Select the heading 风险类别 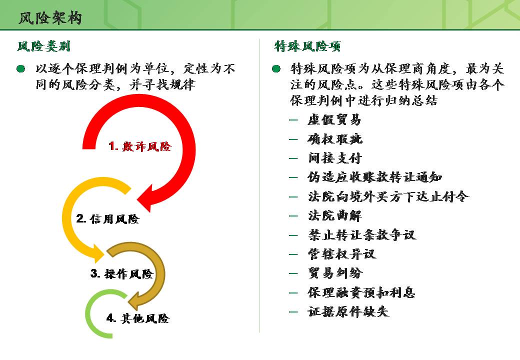(43, 47)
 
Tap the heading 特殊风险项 (307, 47)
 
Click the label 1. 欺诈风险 (140, 147)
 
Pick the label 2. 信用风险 (107, 219)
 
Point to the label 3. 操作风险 (121, 274)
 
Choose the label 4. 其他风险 (138, 318)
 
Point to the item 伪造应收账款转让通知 (374, 177)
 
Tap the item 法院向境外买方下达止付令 (388, 196)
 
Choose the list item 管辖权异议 (341, 254)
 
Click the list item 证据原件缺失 (348, 312)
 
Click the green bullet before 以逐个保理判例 (20, 68)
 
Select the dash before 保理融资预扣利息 (293, 293)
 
